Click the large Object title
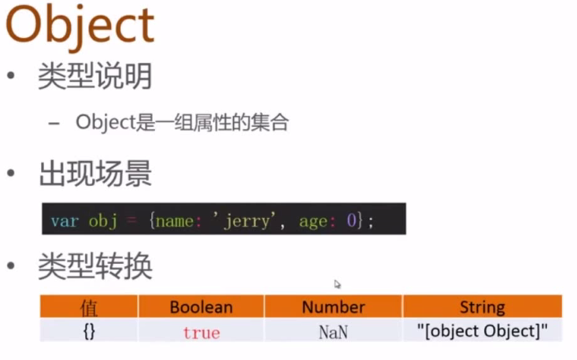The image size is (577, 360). click(80, 27)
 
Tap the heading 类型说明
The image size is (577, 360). click(95, 76)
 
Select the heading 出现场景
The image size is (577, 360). click(95, 173)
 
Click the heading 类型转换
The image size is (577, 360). click(95, 266)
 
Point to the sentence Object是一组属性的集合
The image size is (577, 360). click(182, 122)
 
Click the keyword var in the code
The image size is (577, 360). click(65, 221)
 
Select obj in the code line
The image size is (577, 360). click(103, 221)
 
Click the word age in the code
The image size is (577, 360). click(313, 221)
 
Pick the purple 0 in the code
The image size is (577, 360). click(351, 221)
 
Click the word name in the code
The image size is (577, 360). click(175, 221)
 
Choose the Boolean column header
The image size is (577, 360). click(202, 307)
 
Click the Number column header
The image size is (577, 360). click(334, 307)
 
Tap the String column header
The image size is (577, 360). click(483, 307)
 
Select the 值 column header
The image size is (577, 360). click(89, 308)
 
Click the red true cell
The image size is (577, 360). click(202, 332)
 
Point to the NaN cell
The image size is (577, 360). click(334, 332)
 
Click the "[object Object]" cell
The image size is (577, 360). click(483, 331)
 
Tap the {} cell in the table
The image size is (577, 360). click(90, 332)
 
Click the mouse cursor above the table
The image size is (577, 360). click(338, 284)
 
